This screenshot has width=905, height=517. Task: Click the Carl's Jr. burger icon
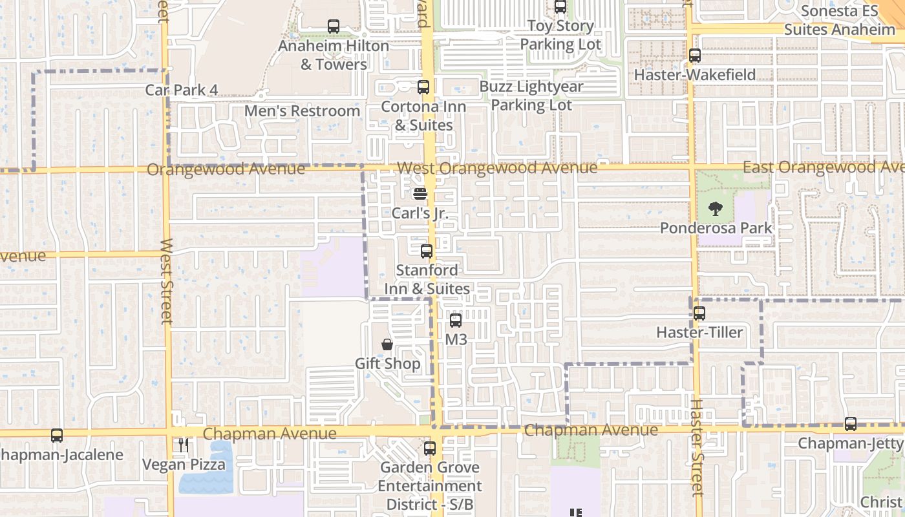coord(420,193)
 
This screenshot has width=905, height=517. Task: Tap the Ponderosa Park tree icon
coord(715,209)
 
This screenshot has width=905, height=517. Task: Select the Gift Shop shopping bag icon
coord(387,344)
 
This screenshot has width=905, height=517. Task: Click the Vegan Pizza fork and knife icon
coord(184,445)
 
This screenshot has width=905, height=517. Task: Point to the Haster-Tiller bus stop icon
coord(699,313)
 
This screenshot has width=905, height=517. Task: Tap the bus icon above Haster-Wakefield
coord(695,56)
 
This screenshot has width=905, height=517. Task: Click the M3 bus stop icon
coord(456,320)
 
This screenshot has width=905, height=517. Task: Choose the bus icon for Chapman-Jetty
coord(851,424)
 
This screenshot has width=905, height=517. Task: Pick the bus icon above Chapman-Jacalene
coord(57,436)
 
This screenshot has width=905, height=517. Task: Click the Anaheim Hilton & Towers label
coord(334,55)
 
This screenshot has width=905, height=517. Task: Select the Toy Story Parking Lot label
coord(560,36)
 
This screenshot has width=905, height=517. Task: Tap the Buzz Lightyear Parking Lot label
coord(531,96)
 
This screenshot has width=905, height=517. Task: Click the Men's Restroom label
coord(302,111)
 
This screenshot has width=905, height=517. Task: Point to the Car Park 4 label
coord(181,90)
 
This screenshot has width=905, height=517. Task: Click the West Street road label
coord(166,281)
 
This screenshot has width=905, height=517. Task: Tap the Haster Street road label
coord(696,447)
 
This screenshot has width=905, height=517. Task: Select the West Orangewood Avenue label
coord(497,168)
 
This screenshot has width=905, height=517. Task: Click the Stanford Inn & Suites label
coord(427,279)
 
